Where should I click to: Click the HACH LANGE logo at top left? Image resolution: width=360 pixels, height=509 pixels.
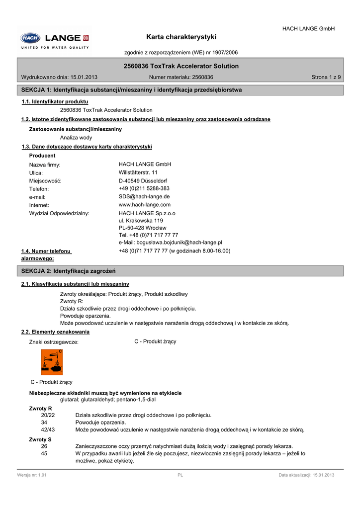55,38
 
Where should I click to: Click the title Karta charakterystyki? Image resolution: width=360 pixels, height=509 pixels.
181,37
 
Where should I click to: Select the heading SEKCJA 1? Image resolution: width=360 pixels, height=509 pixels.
131,90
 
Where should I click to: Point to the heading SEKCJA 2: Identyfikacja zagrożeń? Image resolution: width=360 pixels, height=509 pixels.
68,271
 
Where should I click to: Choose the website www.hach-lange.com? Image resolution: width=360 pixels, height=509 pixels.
145,205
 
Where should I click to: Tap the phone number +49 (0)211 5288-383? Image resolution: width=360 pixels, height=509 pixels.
144,189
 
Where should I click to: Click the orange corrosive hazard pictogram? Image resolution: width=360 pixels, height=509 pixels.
52,362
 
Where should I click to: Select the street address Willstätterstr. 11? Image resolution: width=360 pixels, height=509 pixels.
138,172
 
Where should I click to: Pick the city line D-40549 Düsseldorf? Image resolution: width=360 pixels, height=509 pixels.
143,181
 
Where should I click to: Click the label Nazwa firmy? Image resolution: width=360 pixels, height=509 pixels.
45,165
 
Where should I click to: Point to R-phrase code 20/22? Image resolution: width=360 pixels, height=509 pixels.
48,415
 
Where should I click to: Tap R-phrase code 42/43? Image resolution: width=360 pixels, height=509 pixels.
48,429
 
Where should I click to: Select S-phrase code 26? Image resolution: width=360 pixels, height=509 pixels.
44,446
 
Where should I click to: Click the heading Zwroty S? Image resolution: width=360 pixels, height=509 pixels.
40,439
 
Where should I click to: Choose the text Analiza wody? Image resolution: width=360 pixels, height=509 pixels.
76,138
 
